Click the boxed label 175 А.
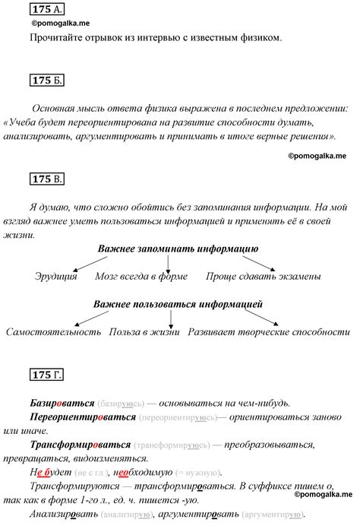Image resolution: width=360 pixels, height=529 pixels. tap(46, 10)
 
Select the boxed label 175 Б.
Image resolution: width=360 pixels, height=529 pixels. tap(46, 81)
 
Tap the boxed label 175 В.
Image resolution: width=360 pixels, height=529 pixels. tap(46, 179)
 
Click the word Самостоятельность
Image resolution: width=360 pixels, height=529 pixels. tap(53, 333)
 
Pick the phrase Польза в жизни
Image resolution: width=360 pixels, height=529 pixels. tap(142, 333)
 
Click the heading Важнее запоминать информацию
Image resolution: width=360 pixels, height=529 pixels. tap(178, 249)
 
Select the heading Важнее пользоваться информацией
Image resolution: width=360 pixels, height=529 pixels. tap(178, 304)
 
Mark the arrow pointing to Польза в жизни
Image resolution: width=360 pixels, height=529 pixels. tap(172, 319)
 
